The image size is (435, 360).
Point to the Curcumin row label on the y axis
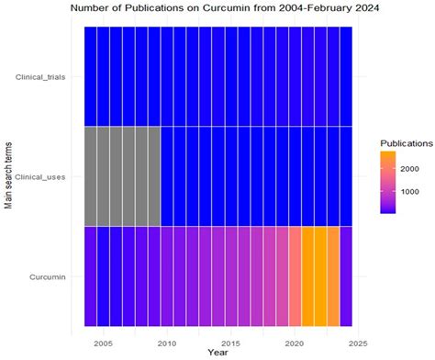tap(56, 276)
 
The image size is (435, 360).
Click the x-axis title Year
tap(218, 353)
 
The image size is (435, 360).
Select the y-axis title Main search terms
tap(8, 175)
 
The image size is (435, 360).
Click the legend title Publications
tap(407, 143)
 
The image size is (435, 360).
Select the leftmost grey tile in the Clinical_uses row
tap(90, 175)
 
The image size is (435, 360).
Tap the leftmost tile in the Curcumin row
tap(90, 276)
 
